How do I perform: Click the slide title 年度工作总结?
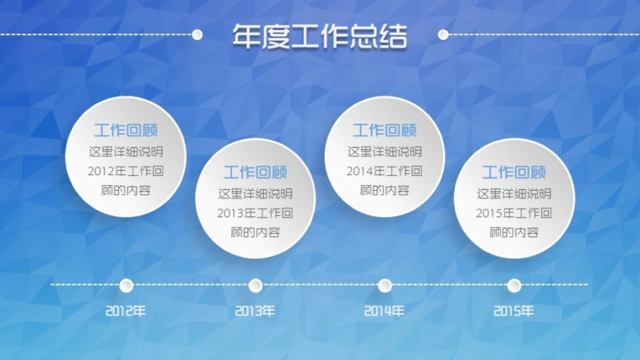[320, 36]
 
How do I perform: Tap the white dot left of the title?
[197, 34]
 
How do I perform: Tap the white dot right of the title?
[443, 34]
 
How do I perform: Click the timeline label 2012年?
[126, 311]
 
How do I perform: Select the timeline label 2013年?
[255, 311]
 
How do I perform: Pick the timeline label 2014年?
[385, 311]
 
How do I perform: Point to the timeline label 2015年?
[514, 311]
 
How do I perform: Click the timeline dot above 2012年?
[126, 285]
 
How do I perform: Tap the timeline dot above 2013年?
[255, 285]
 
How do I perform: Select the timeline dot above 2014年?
[385, 285]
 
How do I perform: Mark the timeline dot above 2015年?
[514, 285]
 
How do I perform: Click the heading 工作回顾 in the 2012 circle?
[126, 130]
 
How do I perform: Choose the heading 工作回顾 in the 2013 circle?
[255, 172]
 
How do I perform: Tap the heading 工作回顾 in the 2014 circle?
[385, 130]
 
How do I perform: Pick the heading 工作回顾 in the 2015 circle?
[514, 172]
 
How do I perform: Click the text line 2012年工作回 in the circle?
[126, 171]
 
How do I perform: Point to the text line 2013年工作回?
[255, 213]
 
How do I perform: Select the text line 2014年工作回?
[385, 171]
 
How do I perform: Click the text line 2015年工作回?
[514, 213]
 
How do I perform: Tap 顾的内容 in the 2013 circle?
[255, 232]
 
